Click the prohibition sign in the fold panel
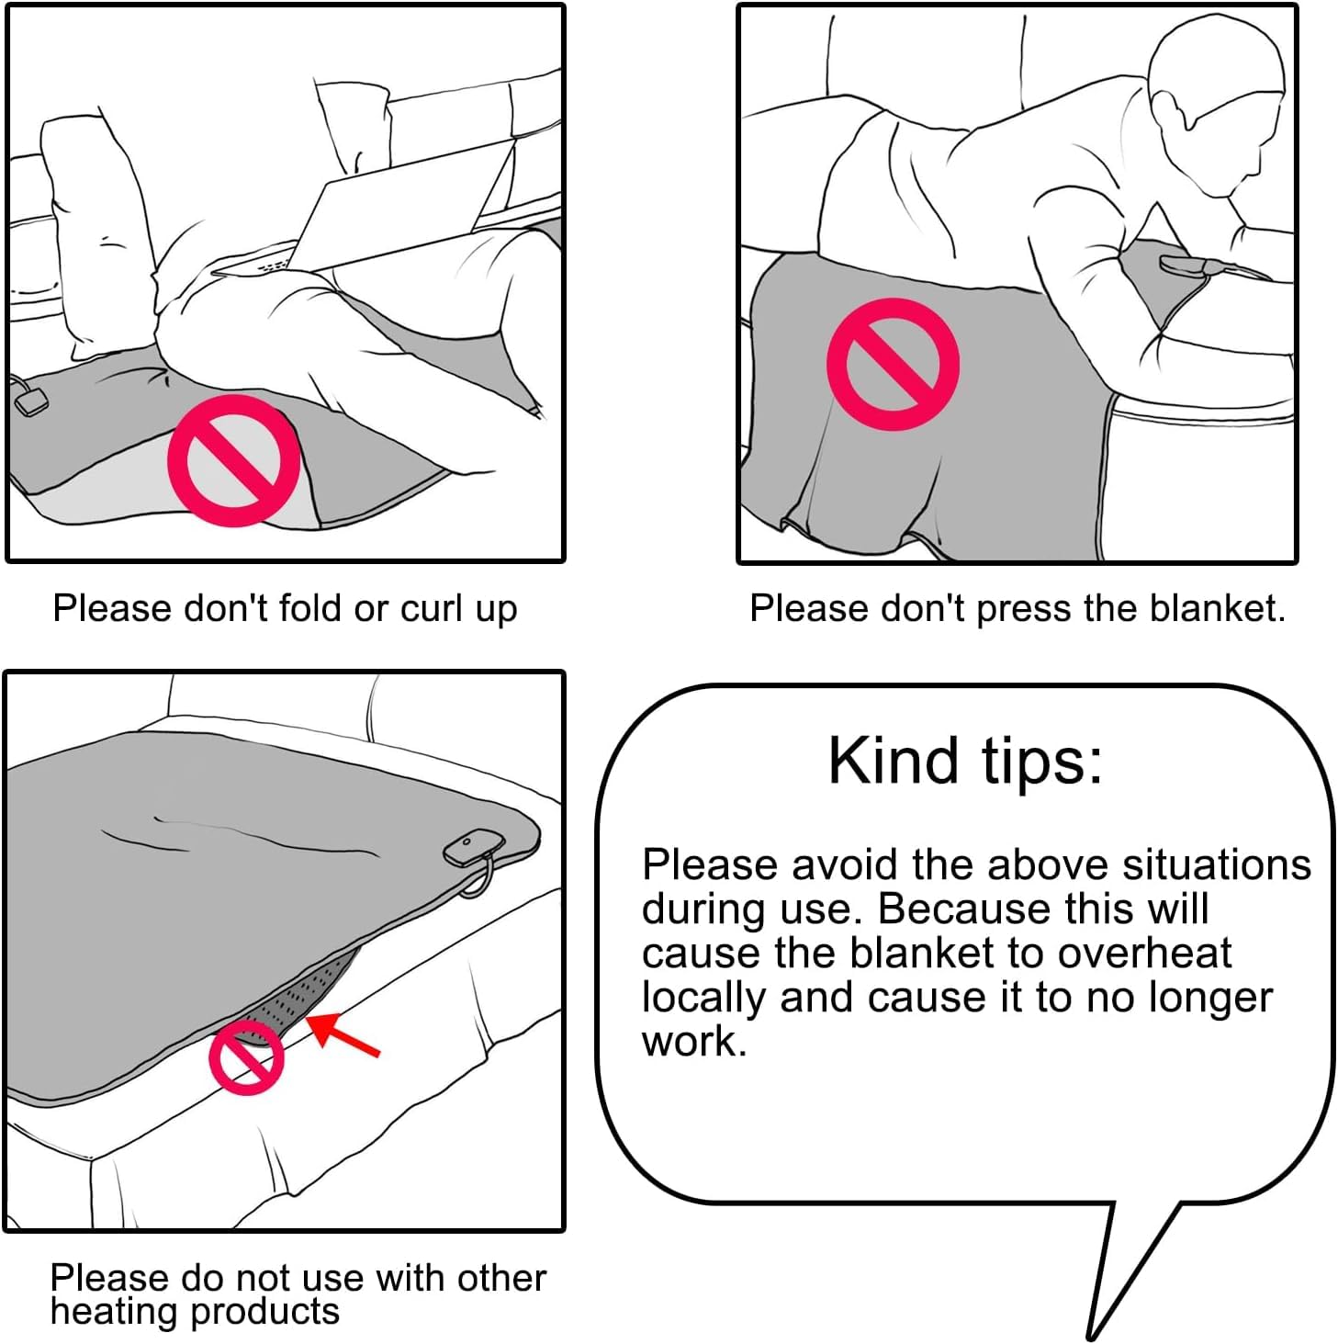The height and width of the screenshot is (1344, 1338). coord(233,461)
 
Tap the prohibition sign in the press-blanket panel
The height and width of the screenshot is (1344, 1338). coord(893,364)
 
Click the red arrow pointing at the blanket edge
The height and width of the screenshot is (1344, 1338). coord(343,1034)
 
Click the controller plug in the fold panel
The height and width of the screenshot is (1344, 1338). coord(30,401)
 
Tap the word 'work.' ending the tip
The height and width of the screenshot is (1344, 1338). coord(693,1042)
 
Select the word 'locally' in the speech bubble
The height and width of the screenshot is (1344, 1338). coord(704,999)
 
